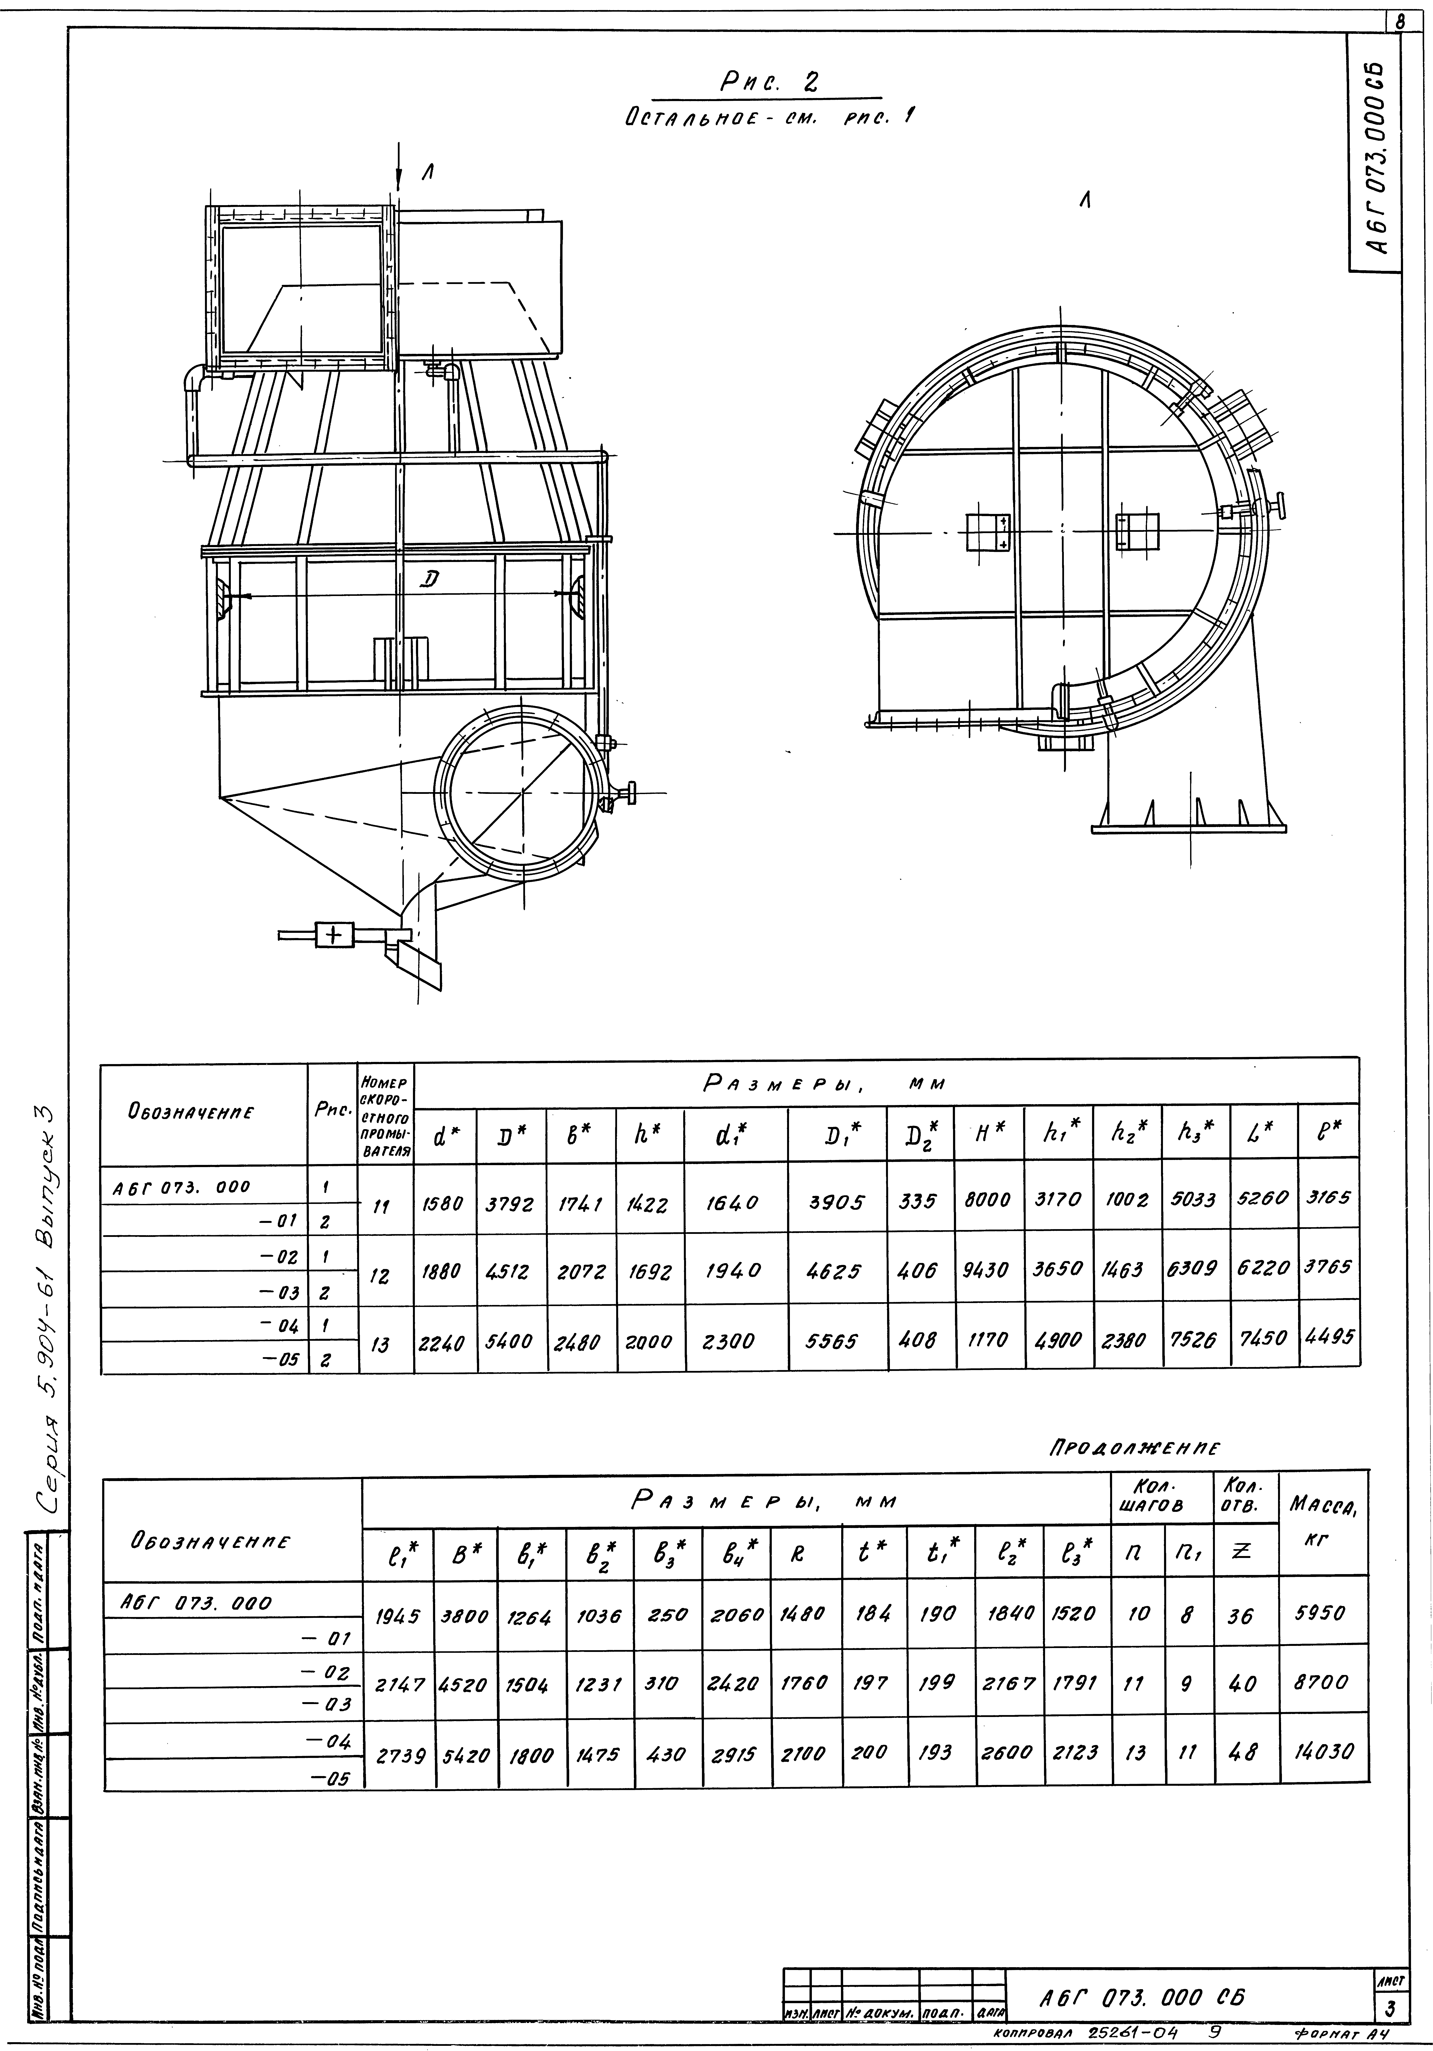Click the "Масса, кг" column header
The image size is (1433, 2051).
pos(1323,1519)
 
